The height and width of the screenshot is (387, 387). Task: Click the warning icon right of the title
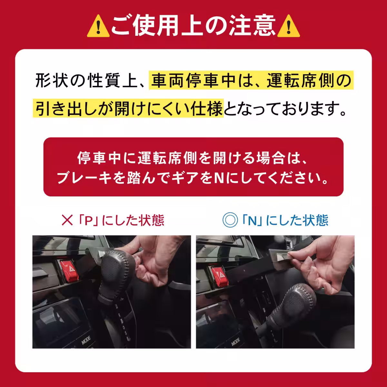click(x=289, y=26)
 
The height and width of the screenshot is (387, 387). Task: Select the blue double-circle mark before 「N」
click(x=230, y=220)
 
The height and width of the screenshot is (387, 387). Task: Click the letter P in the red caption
click(x=88, y=220)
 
